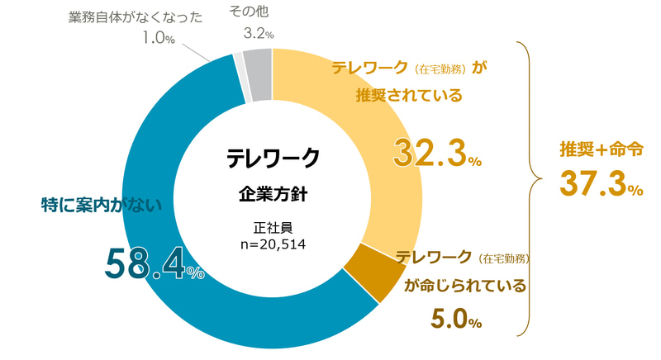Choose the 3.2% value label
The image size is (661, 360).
click(258, 34)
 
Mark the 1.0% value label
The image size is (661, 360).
click(158, 38)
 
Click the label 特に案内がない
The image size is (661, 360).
click(102, 203)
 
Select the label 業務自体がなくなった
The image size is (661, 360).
click(136, 17)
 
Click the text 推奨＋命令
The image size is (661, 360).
click(601, 149)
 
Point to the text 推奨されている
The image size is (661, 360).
click(409, 95)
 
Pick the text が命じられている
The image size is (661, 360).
click(464, 287)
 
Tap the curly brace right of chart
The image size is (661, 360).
click(530, 178)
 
